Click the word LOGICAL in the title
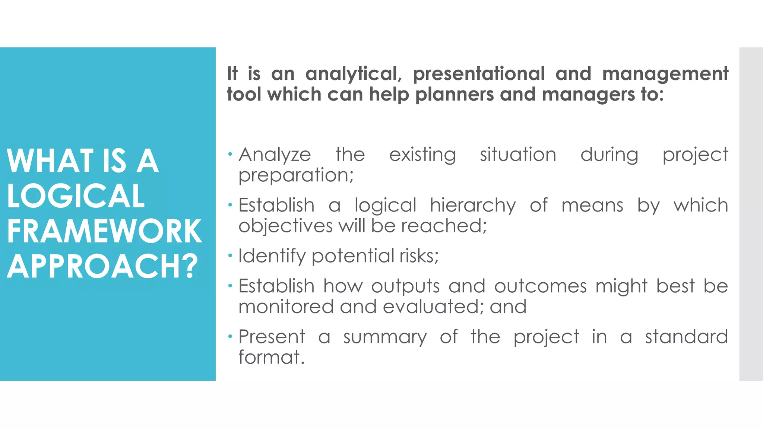point(76,196)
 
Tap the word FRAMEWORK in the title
point(104,231)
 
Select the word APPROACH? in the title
point(102,266)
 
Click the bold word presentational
point(479,74)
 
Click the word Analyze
point(275,155)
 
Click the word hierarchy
point(473,206)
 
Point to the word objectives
point(285,226)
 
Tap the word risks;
point(419,256)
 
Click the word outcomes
point(540,286)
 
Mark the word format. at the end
point(272,357)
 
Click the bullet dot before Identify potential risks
point(231,255)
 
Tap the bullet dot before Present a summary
point(231,337)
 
